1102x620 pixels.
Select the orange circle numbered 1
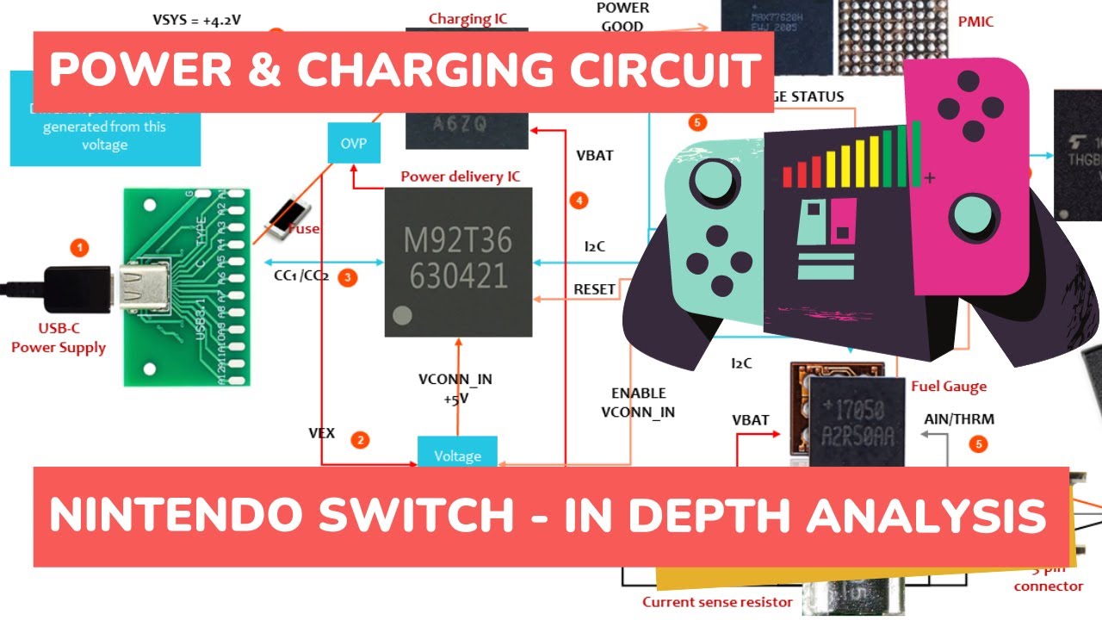79,248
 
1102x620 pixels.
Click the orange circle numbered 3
347,277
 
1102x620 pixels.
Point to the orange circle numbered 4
579,201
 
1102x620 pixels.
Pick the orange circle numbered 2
361,440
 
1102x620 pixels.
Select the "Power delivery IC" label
460,177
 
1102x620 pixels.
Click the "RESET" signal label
594,289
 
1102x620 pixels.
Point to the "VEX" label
322,432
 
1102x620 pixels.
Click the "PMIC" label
975,22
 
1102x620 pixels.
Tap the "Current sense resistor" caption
717,602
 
